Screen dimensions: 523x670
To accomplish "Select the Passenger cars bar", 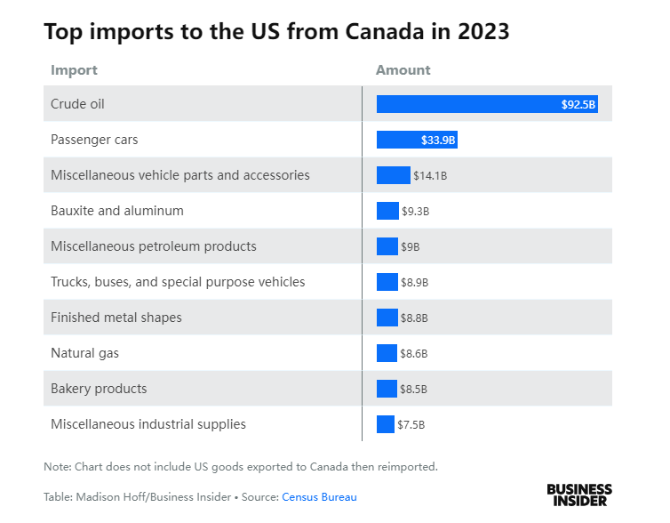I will coord(400,140).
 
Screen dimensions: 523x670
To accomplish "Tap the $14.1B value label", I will coord(430,175).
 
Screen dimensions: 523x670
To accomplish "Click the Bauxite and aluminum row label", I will coord(117,211).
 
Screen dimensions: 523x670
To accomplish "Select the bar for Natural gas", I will coord(387,353).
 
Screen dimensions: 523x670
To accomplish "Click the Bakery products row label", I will coord(99,389).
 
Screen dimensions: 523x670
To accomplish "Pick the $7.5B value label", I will coord(411,424).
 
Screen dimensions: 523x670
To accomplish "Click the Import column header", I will coord(74,70).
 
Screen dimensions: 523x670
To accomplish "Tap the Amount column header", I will coord(403,70).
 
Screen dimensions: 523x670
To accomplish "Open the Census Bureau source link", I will coord(319,497).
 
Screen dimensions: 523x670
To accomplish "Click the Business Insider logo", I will coord(578,495).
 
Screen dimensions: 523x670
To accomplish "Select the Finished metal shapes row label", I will coord(116,318).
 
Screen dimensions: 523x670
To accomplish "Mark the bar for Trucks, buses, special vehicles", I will coord(387,282).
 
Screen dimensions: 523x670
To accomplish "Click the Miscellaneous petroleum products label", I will coord(154,246).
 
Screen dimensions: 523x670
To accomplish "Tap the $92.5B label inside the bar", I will coord(578,104).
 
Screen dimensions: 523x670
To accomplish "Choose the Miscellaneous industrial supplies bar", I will coord(386,424).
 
